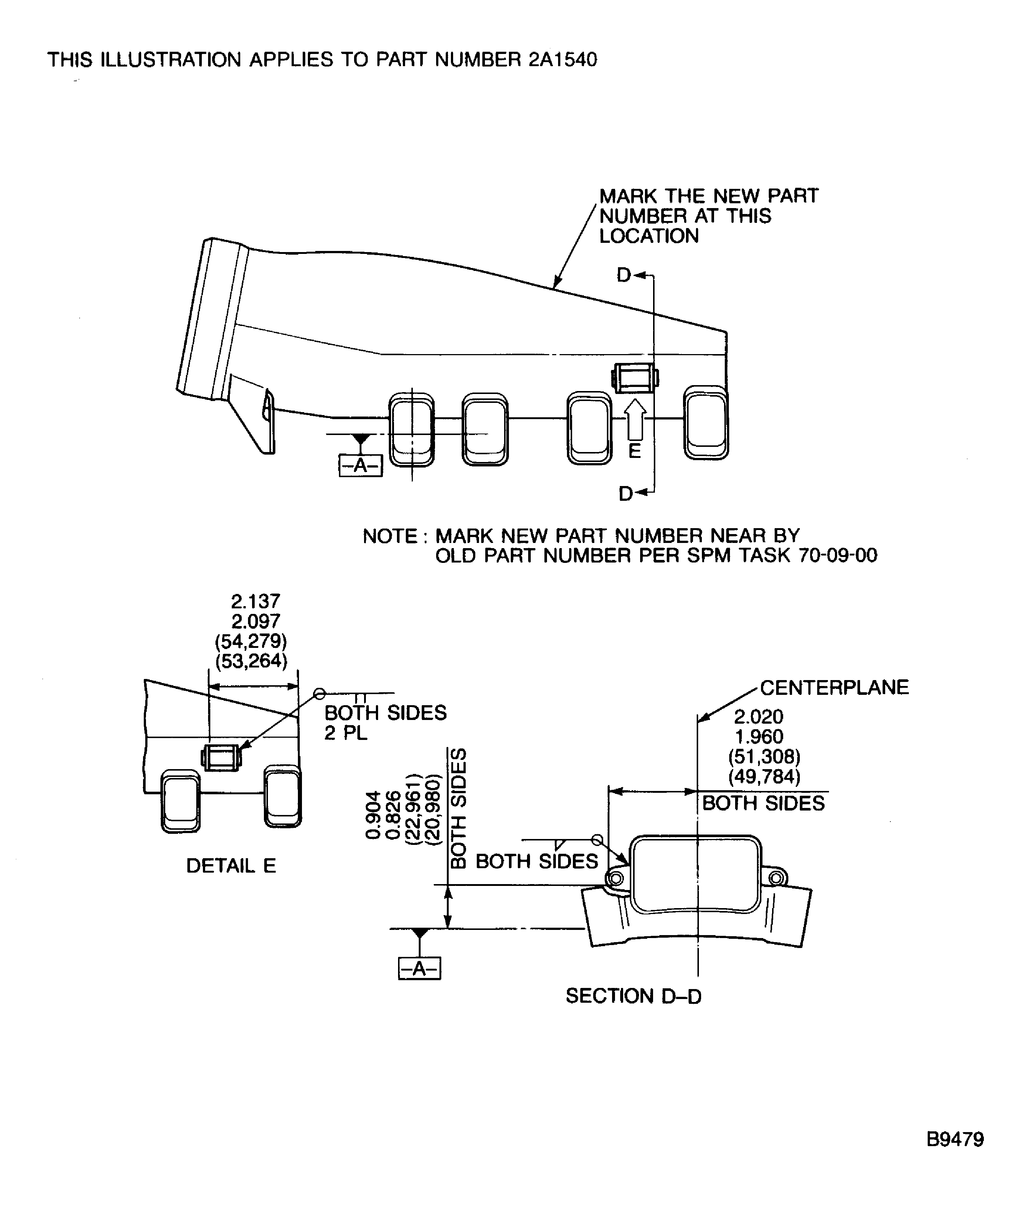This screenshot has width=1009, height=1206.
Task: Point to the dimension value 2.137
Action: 255,601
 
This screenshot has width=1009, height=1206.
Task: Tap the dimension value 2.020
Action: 759,717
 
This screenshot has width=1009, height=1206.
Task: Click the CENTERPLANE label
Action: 835,687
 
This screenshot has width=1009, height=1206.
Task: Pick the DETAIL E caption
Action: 231,866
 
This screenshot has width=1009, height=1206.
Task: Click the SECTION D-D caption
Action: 633,996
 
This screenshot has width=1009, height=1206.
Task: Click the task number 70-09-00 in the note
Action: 838,556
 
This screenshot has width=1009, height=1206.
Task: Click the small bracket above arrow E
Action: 635,378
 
